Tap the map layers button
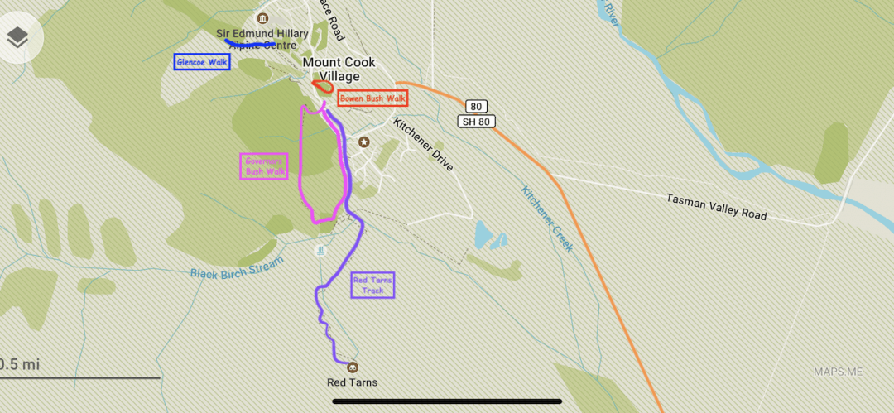point(17,37)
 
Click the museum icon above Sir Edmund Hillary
point(262,19)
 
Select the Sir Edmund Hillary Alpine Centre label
point(262,39)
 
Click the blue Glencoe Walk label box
point(202,62)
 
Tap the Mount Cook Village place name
point(339,70)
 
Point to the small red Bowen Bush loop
point(322,85)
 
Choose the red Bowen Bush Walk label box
point(373,98)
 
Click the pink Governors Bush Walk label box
point(265,166)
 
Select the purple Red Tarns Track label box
point(372,286)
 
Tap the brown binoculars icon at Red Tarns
point(353,367)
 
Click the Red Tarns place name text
point(352,382)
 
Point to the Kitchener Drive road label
point(423,145)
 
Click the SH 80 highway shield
point(475,122)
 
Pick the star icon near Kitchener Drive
point(363,142)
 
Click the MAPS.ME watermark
point(838,372)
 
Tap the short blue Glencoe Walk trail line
point(249,43)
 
